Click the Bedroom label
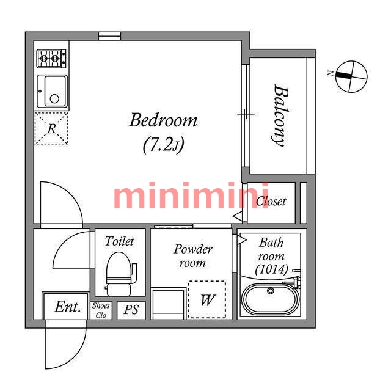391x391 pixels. pos(163,121)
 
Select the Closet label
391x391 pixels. pos(271,201)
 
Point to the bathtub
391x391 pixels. pos(271,299)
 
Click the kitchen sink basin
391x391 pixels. pos(53,91)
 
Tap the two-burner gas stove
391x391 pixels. pos(51,59)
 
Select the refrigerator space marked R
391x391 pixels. pos(51,129)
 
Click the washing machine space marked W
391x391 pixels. pos(207,299)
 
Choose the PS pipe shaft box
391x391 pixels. pos(131,310)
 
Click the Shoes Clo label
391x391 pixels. pos(101,310)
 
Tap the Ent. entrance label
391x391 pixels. pos(68,307)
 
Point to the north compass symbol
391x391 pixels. pos(351,76)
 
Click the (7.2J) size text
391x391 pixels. pos(163,145)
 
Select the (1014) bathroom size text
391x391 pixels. pos(271,269)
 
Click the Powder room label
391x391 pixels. pos(193,255)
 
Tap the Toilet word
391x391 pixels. pos(120,241)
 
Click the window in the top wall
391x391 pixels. pos(110,36)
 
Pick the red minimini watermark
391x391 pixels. pos(191,195)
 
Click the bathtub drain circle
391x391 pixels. pos(271,291)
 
